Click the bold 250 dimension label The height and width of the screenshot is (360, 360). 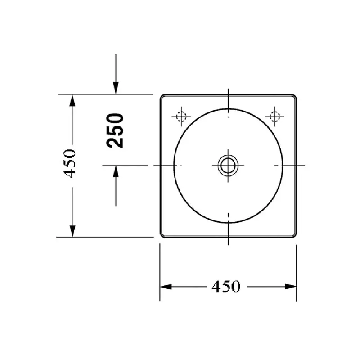(x=116, y=130)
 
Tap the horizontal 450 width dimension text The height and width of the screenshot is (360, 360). (x=226, y=286)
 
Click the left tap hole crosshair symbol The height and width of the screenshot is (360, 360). (x=181, y=116)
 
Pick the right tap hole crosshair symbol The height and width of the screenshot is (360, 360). (x=274, y=116)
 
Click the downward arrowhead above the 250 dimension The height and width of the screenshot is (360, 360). (x=116, y=89)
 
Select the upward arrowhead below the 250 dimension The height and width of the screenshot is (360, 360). (x=116, y=171)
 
